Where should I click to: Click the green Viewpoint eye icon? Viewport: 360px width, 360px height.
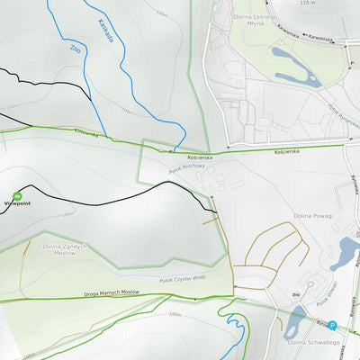click(17, 195)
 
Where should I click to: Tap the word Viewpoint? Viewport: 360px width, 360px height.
click(17, 204)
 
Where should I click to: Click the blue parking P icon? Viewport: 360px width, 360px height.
click(332, 326)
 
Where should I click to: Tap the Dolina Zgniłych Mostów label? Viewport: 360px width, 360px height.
click(64, 249)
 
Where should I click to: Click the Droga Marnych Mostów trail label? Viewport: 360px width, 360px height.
click(112, 293)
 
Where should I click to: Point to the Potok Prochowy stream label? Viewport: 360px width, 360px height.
click(187, 167)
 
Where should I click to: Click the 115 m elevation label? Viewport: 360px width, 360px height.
click(309, 4)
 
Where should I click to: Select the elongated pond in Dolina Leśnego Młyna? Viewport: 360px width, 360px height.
click(289, 64)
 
